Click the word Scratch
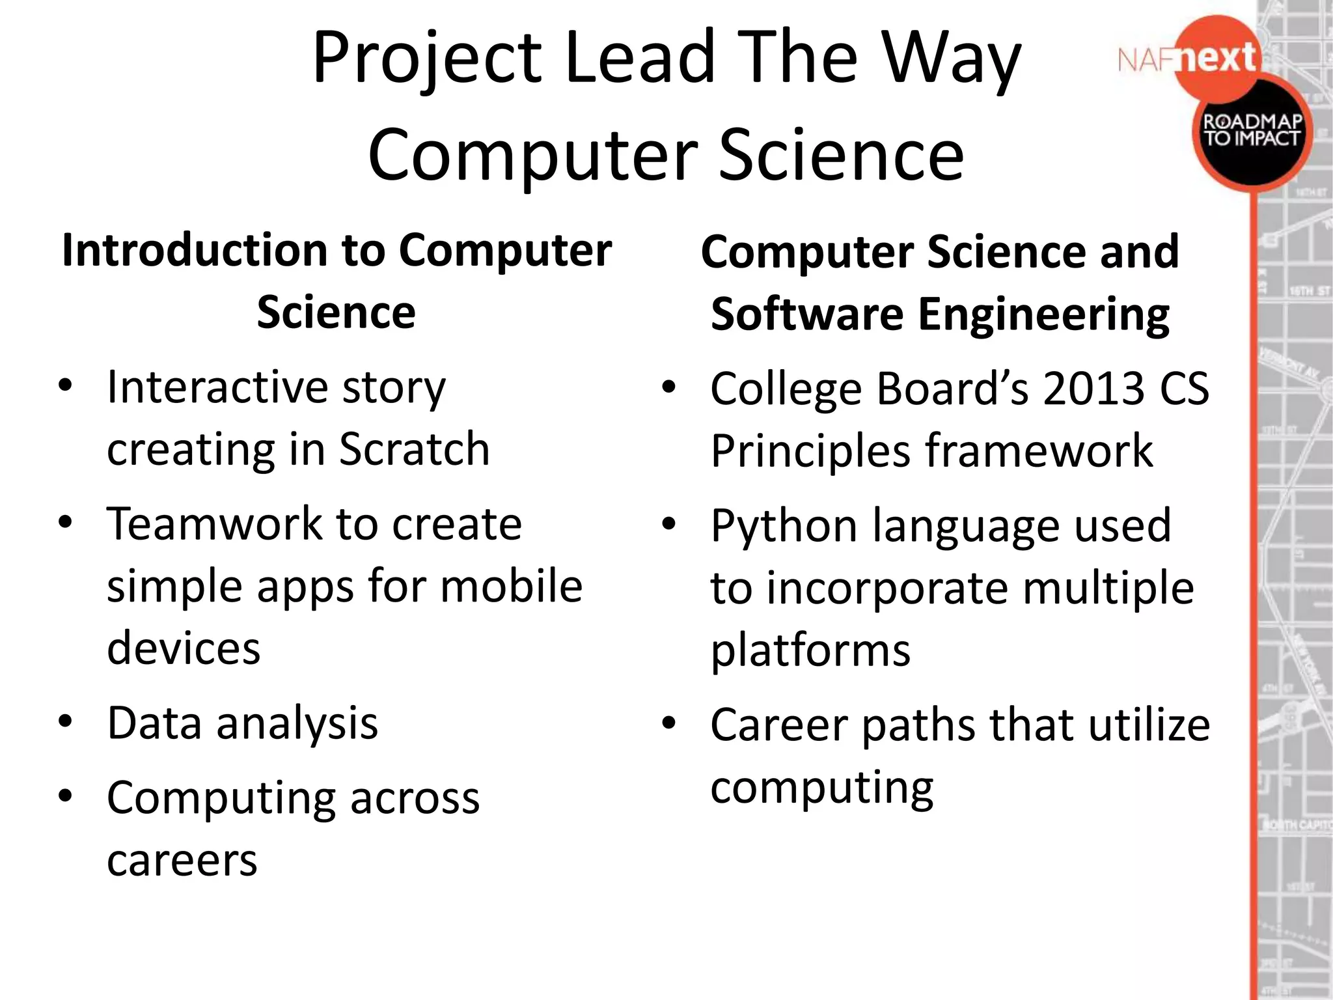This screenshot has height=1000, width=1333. pos(415,449)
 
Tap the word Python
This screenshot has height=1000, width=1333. pos(784,525)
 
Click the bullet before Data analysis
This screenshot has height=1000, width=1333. pos(65,722)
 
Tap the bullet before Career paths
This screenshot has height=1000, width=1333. pos(668,723)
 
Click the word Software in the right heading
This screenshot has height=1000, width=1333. pos(806,314)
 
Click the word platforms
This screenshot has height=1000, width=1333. pos(810,650)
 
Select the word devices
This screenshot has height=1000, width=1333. pos(184,648)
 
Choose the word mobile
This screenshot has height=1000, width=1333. pos(511,586)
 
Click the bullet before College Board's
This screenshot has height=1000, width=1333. pos(668,388)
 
